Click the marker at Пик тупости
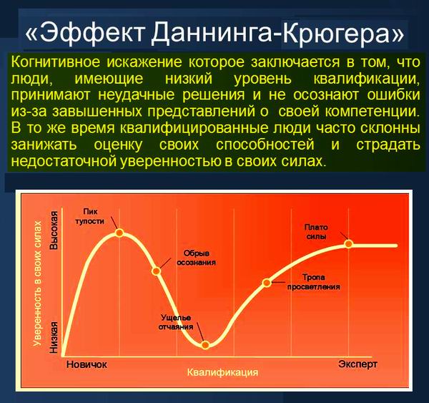tap(119, 233)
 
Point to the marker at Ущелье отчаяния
tap(206, 345)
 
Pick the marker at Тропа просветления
tap(267, 282)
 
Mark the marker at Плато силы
tap(349, 243)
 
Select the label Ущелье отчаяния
tap(176, 322)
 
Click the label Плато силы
tap(320, 231)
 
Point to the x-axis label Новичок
tap(87, 364)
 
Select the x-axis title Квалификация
tap(222, 373)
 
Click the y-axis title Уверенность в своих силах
tap(36, 283)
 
